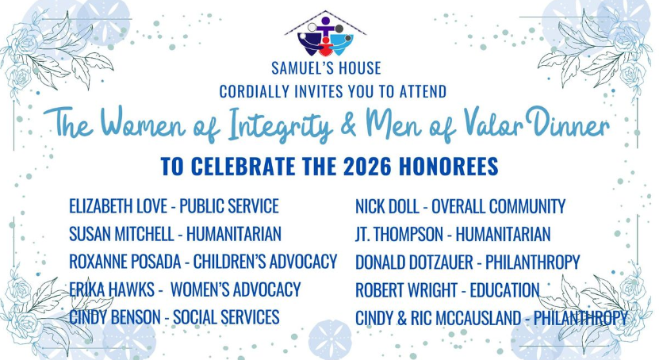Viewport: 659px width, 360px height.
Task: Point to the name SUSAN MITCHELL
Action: [117, 234]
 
